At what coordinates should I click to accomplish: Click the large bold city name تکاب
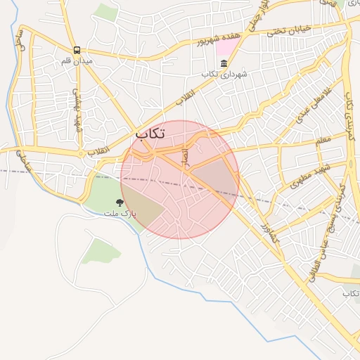point(150,134)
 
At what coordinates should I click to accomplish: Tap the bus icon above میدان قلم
point(77,50)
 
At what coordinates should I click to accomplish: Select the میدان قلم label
point(77,61)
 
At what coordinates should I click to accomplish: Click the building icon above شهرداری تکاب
point(224,63)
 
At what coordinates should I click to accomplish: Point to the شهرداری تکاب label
point(223,75)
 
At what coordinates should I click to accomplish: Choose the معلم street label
point(323,141)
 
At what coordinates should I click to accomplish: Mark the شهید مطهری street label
point(307,176)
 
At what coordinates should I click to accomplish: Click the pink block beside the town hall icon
point(227,48)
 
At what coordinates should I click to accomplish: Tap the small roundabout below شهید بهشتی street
point(82,153)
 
